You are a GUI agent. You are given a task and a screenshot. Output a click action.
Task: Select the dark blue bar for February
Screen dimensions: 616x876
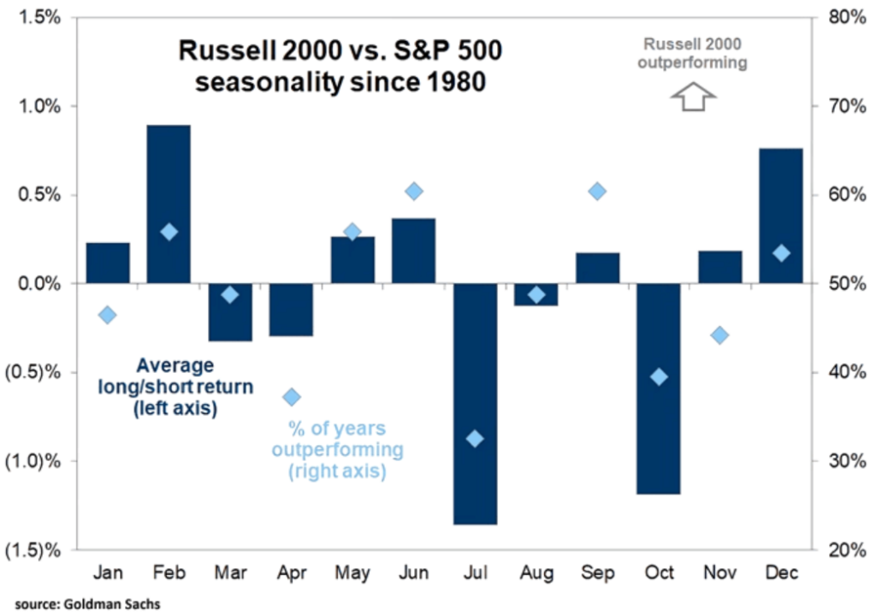(169, 204)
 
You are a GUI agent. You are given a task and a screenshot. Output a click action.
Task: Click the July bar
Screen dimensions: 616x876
(475, 403)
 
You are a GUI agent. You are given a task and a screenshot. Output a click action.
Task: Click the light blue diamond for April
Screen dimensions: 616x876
(292, 396)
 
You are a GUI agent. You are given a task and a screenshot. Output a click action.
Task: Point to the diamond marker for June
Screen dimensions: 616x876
(414, 191)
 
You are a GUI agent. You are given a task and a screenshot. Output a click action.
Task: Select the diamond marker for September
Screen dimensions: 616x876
(598, 191)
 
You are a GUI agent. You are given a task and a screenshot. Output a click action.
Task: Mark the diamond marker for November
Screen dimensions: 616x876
(719, 335)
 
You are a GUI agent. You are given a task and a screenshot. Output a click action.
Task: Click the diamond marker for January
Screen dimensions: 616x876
(107, 315)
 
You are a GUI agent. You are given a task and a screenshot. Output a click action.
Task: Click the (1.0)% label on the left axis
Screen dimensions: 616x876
(33, 460)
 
